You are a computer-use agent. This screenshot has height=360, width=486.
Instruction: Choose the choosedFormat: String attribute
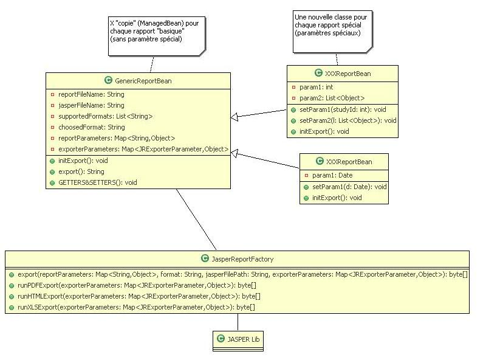pyautogui.click(x=91, y=128)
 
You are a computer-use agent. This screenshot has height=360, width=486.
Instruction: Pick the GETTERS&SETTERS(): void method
pyautogui.click(x=97, y=182)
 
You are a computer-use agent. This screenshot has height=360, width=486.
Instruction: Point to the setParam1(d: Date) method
pyautogui.click(x=349, y=187)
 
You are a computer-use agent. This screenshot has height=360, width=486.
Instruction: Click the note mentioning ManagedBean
pyautogui.click(x=156, y=30)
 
